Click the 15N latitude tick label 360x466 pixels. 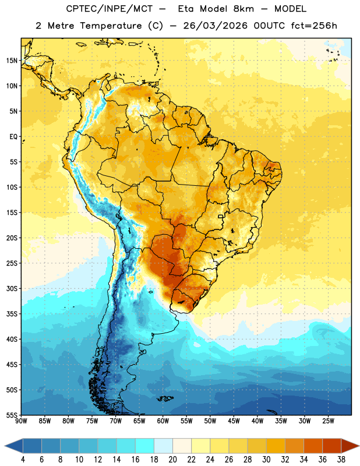coord(12,61)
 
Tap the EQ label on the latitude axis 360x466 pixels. coord(13,137)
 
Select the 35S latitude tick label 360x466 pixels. coord(12,314)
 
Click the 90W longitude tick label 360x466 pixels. coord(21,421)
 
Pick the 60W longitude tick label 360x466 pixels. coord(163,421)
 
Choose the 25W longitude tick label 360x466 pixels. coord(328,421)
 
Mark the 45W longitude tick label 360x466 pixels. coord(234,421)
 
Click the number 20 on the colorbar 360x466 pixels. coord(172,460)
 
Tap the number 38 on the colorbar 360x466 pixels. coord(341,460)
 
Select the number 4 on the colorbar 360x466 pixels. coord(23,460)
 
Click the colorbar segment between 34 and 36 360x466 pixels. coord(313,446)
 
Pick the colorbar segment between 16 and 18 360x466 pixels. coord(144,446)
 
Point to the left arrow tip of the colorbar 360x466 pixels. coord(5,446)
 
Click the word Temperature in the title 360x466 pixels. coord(111,26)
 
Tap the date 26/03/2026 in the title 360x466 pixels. coord(215,26)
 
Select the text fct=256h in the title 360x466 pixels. coord(314,26)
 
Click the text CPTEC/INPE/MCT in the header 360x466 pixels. coord(110,9)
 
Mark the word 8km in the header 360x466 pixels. coord(243,9)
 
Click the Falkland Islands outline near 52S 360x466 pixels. coord(165,398)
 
